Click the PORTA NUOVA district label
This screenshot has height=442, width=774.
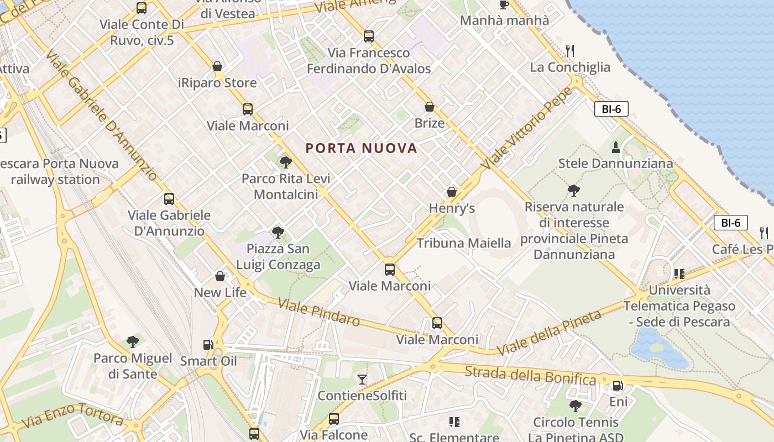[361, 148]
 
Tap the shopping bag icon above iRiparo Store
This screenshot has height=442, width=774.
[218, 66]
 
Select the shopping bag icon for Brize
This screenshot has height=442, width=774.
[430, 107]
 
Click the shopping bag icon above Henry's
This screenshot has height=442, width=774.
[452, 192]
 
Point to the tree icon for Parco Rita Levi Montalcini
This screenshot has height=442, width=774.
[286, 162]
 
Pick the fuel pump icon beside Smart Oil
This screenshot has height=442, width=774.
[208, 344]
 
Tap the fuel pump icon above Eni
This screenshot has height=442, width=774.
[618, 386]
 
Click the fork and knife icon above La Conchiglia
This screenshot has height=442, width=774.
[570, 51]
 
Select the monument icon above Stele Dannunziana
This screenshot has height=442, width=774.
[616, 147]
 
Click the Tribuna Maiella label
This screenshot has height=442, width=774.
[464, 243]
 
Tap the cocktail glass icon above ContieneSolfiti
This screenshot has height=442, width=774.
[362, 379]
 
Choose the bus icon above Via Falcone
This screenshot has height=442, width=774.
[334, 419]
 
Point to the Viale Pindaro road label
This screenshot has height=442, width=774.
[319, 312]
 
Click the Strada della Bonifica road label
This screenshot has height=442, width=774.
[530, 375]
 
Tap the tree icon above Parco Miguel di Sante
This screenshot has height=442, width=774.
[133, 341]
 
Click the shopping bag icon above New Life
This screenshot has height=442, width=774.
[220, 276]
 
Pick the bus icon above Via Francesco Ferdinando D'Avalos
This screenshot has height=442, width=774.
[369, 36]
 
